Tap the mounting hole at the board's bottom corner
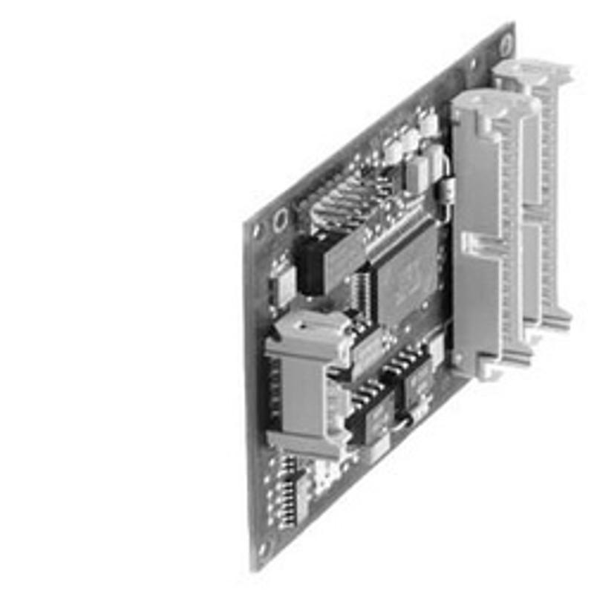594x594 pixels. click(261, 550)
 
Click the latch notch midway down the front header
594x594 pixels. click(475, 241)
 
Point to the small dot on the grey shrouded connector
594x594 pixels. click(303, 324)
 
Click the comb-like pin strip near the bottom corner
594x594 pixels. click(285, 490)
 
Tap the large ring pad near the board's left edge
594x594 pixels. click(281, 220)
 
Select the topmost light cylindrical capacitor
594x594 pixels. click(427, 123)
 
